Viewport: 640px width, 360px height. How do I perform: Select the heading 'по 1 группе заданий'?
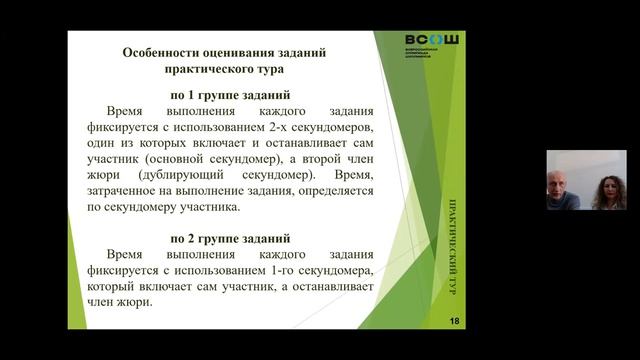pos(230,94)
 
